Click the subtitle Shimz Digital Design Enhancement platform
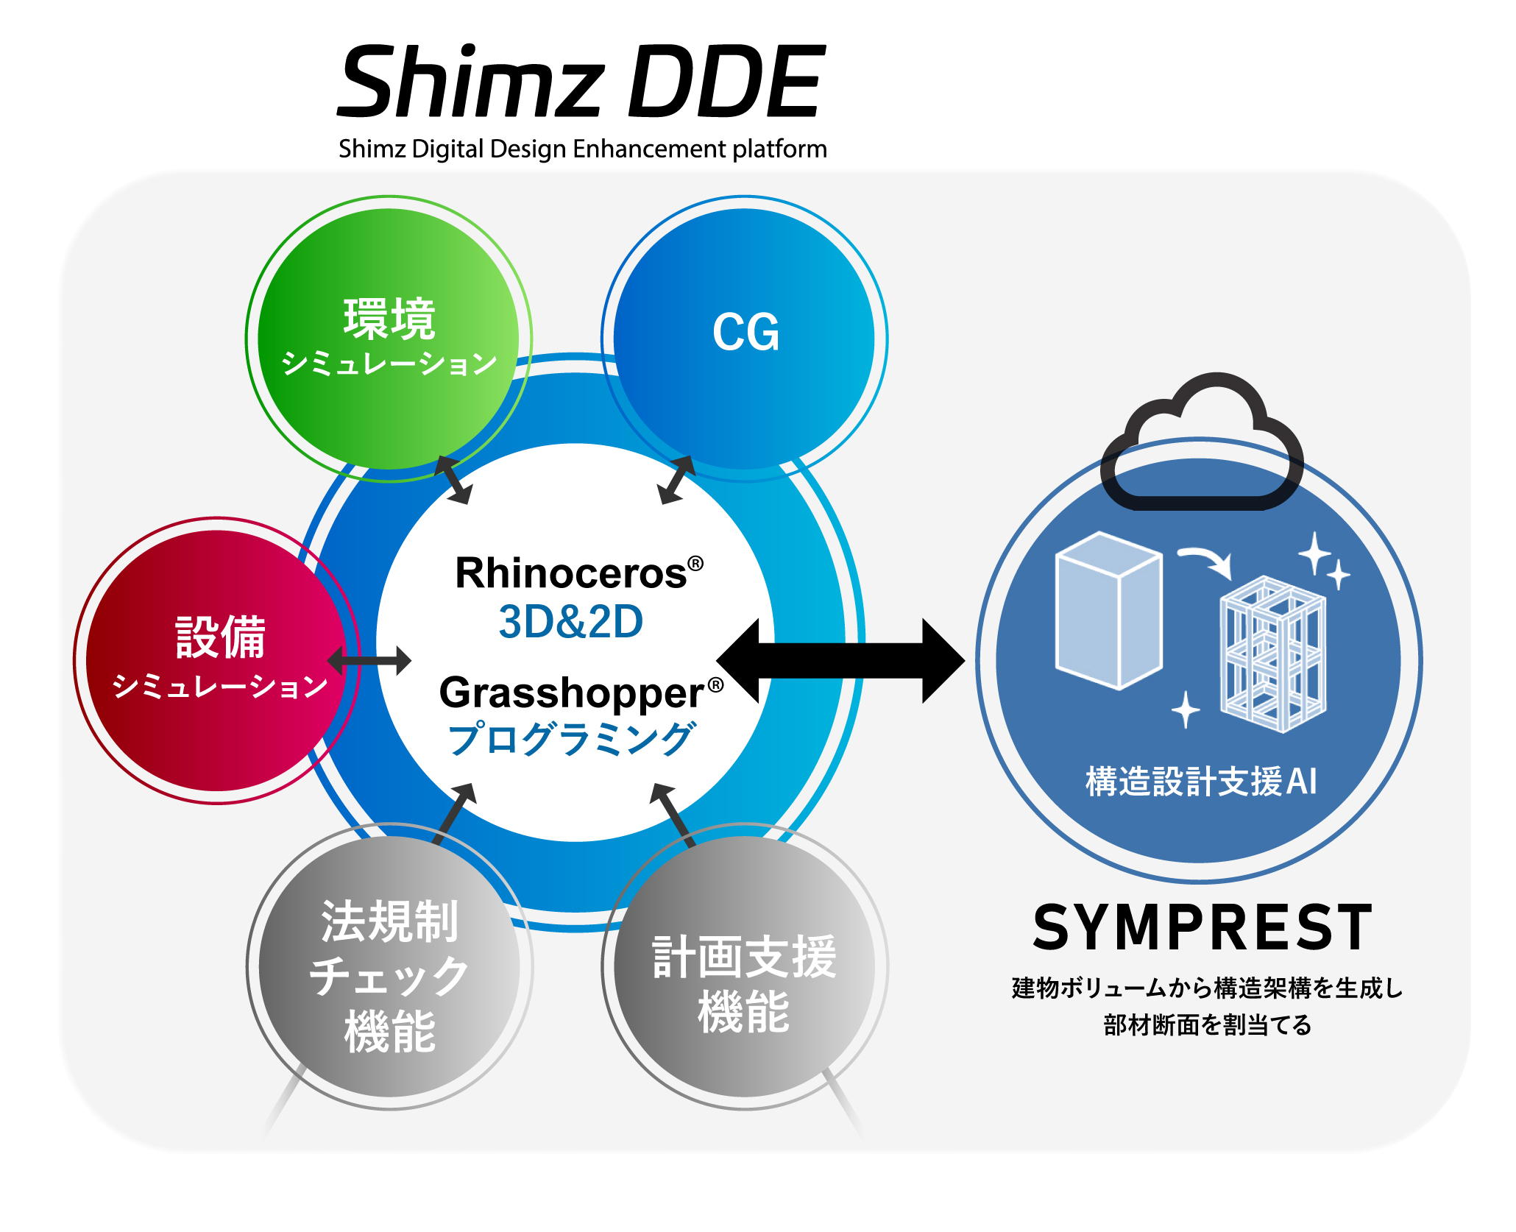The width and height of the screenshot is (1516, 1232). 582,149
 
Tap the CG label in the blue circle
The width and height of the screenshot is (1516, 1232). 745,333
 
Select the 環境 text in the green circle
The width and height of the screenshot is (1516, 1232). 389,319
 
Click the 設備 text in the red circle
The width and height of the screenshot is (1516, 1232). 220,637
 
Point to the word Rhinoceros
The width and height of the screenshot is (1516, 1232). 570,573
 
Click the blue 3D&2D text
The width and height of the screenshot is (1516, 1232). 570,622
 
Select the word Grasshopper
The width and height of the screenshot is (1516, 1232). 572,693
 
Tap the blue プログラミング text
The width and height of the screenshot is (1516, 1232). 572,739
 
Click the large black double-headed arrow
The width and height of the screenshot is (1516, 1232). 840,661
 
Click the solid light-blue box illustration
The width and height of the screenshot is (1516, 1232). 1108,610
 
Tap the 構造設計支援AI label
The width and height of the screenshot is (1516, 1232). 1200,782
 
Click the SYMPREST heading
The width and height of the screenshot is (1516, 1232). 1202,929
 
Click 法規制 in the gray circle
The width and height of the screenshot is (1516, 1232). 389,921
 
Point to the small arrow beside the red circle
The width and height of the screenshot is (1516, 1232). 369,660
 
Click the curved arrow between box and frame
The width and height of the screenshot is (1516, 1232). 1205,561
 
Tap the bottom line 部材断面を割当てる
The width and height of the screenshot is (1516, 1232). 1207,1025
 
